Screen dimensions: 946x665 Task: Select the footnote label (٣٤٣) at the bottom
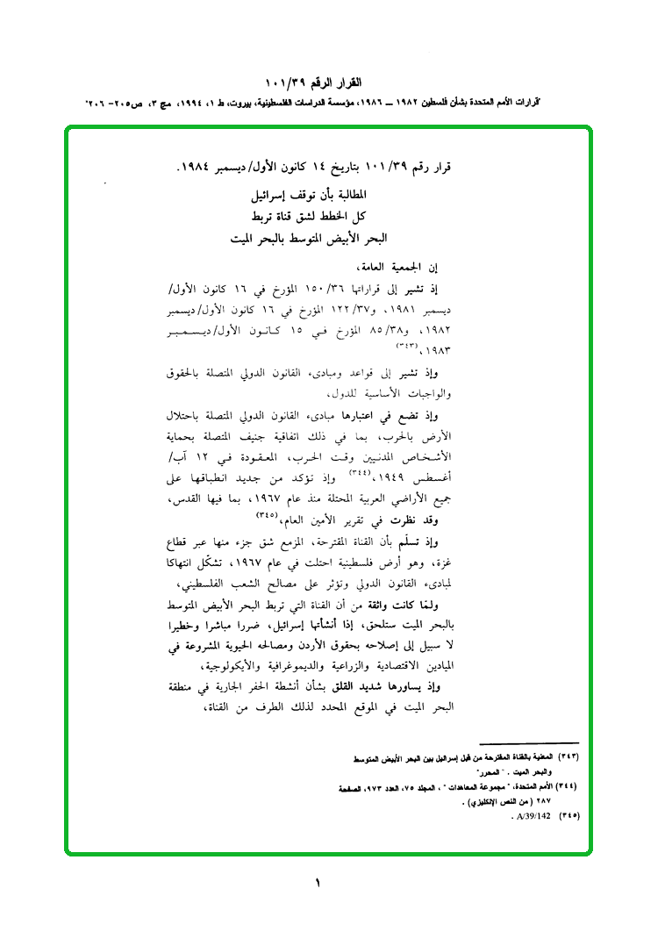pyautogui.click(x=571, y=756)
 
